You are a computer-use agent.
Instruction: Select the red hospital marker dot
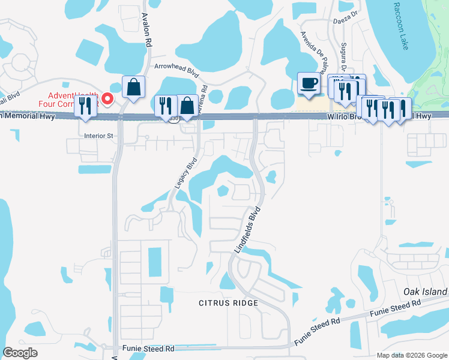coord(107,98)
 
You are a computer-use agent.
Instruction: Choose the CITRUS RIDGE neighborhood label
coord(229,303)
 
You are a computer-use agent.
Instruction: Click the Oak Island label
coord(426,292)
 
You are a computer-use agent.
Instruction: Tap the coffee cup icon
coord(309,84)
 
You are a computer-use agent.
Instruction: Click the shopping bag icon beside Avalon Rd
coord(133,87)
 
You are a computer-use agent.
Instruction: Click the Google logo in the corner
coord(20,353)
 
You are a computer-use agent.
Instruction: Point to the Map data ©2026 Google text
coord(412,355)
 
